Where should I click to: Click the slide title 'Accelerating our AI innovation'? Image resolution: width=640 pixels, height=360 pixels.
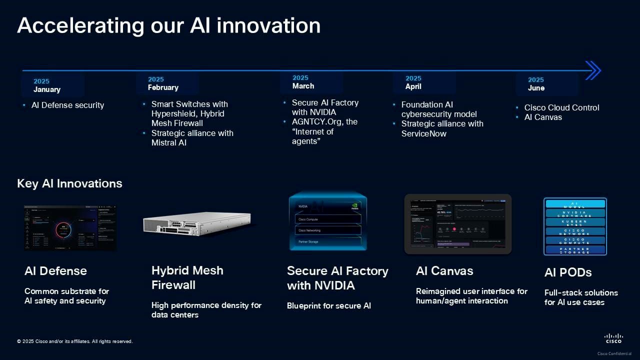tap(168, 25)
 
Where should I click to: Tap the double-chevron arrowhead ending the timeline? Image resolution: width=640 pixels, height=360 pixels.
tap(592, 70)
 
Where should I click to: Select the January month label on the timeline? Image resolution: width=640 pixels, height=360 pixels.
tap(47, 89)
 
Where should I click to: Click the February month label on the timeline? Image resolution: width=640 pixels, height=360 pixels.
tap(163, 87)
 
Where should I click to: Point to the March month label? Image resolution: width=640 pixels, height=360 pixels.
tap(303, 86)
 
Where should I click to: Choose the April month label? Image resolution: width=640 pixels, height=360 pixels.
tap(413, 86)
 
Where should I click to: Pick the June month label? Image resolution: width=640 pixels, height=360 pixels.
tap(536, 88)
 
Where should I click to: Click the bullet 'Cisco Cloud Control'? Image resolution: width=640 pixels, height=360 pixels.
tap(561, 107)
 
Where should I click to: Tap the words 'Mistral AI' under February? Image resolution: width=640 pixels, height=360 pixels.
tap(169, 142)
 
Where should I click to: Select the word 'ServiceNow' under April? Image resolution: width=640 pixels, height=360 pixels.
tap(424, 133)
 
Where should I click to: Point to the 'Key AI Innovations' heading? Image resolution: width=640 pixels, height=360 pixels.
tap(69, 183)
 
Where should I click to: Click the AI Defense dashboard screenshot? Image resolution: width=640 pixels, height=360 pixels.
tap(70, 228)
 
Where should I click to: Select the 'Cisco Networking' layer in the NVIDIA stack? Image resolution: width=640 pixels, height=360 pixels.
tap(327, 230)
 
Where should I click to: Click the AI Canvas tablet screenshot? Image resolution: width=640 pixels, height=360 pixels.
tap(457, 224)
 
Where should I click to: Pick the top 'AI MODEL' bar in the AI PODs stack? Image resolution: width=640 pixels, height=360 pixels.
tap(575, 204)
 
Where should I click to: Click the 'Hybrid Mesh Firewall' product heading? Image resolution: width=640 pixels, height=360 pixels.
tap(187, 277)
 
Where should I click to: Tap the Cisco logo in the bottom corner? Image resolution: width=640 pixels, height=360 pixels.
tap(613, 338)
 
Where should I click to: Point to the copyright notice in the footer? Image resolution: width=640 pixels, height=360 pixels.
tap(75, 341)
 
